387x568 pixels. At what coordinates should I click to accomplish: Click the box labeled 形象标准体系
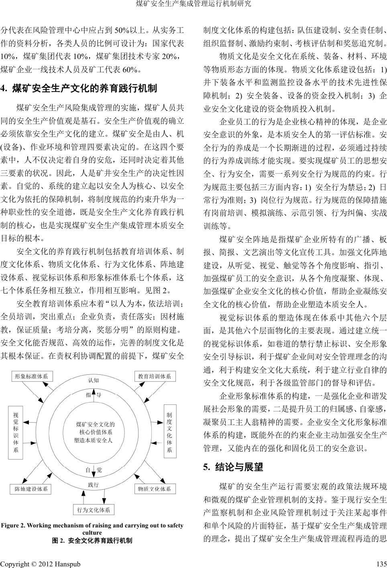tap(31, 376)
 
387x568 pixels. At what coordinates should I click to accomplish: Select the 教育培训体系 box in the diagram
tap(154, 376)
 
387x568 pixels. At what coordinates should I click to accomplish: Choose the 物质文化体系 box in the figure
tap(154, 489)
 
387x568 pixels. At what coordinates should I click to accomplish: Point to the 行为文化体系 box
tap(93, 510)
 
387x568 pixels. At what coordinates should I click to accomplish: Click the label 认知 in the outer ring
tap(93, 380)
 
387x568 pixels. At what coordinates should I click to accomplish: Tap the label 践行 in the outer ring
tap(93, 485)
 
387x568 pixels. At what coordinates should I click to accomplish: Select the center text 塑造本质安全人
tap(93, 440)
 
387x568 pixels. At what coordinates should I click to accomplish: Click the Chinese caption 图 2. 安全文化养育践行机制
tap(93, 540)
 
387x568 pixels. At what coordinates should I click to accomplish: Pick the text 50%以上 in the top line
tap(128, 30)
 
